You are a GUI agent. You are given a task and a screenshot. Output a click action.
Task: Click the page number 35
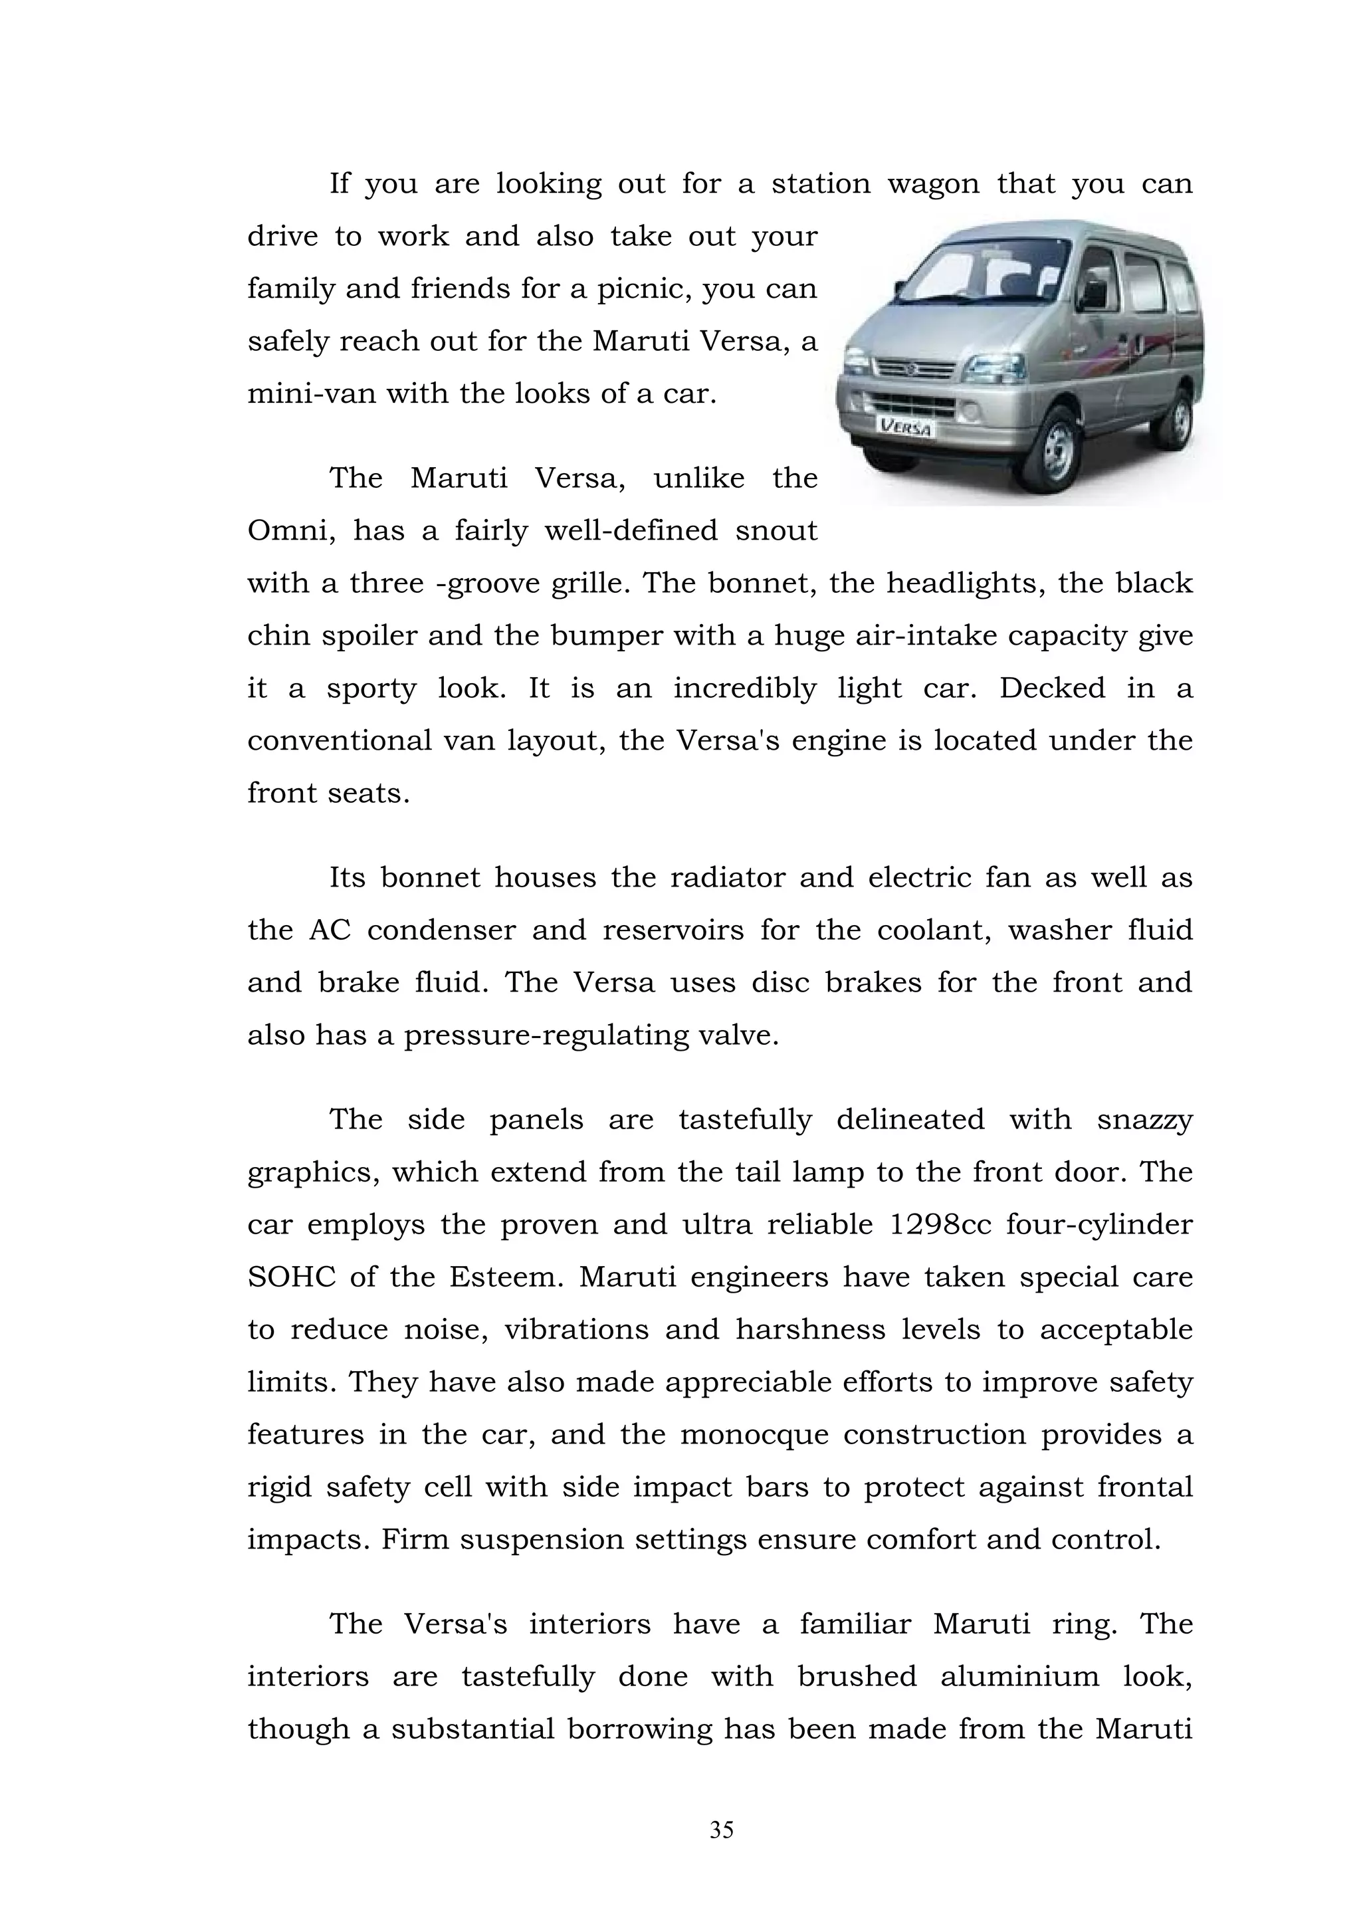(721, 1831)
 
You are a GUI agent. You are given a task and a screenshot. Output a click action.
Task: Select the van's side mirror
(1093, 294)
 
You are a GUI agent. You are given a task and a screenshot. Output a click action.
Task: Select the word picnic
(643, 289)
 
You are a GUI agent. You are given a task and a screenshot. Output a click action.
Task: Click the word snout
(775, 531)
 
